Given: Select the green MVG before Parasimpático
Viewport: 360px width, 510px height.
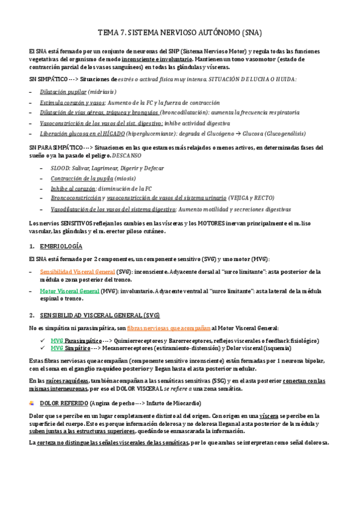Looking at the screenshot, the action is (57, 340).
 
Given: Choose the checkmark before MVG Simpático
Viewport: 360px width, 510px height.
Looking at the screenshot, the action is (43, 348).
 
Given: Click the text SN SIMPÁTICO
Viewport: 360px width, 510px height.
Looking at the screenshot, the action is (48, 79).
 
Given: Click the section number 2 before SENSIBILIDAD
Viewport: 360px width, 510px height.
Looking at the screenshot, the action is (31, 315).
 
